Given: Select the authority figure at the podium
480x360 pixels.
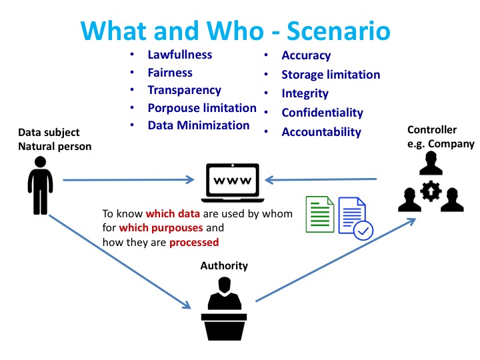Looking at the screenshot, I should pos(223,310).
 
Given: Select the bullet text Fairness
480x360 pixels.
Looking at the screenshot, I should pos(170,73).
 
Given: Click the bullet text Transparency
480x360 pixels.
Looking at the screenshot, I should pos(184,90).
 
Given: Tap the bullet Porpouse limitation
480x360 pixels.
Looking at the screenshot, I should pos(202,107).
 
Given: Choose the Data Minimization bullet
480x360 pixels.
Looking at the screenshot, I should pos(199,125).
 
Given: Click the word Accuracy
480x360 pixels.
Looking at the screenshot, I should pos(306,56).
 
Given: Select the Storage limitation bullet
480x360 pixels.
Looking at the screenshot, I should pos(331,75).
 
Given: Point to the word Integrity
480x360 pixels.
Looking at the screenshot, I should pos(305,93).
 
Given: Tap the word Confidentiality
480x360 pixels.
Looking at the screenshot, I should pos(322,113).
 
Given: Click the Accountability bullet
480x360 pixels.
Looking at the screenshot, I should pos(321,132).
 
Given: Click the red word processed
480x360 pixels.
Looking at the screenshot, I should pos(194,242).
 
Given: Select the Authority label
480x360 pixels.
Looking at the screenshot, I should pos(224,266).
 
